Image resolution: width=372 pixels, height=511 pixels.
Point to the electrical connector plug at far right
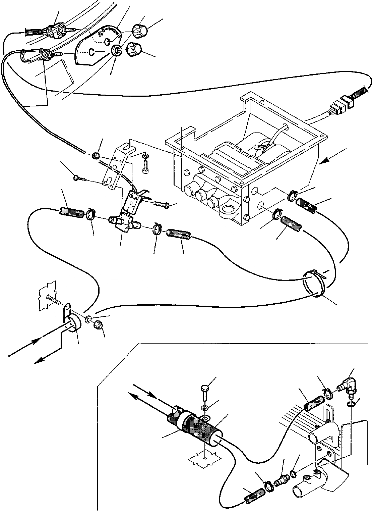pos(345,103)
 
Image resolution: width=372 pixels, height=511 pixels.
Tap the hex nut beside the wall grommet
pos(99,325)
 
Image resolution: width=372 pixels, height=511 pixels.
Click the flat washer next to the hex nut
pos(89,319)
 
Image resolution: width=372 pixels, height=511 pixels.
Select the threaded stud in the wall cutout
pos(55,299)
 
